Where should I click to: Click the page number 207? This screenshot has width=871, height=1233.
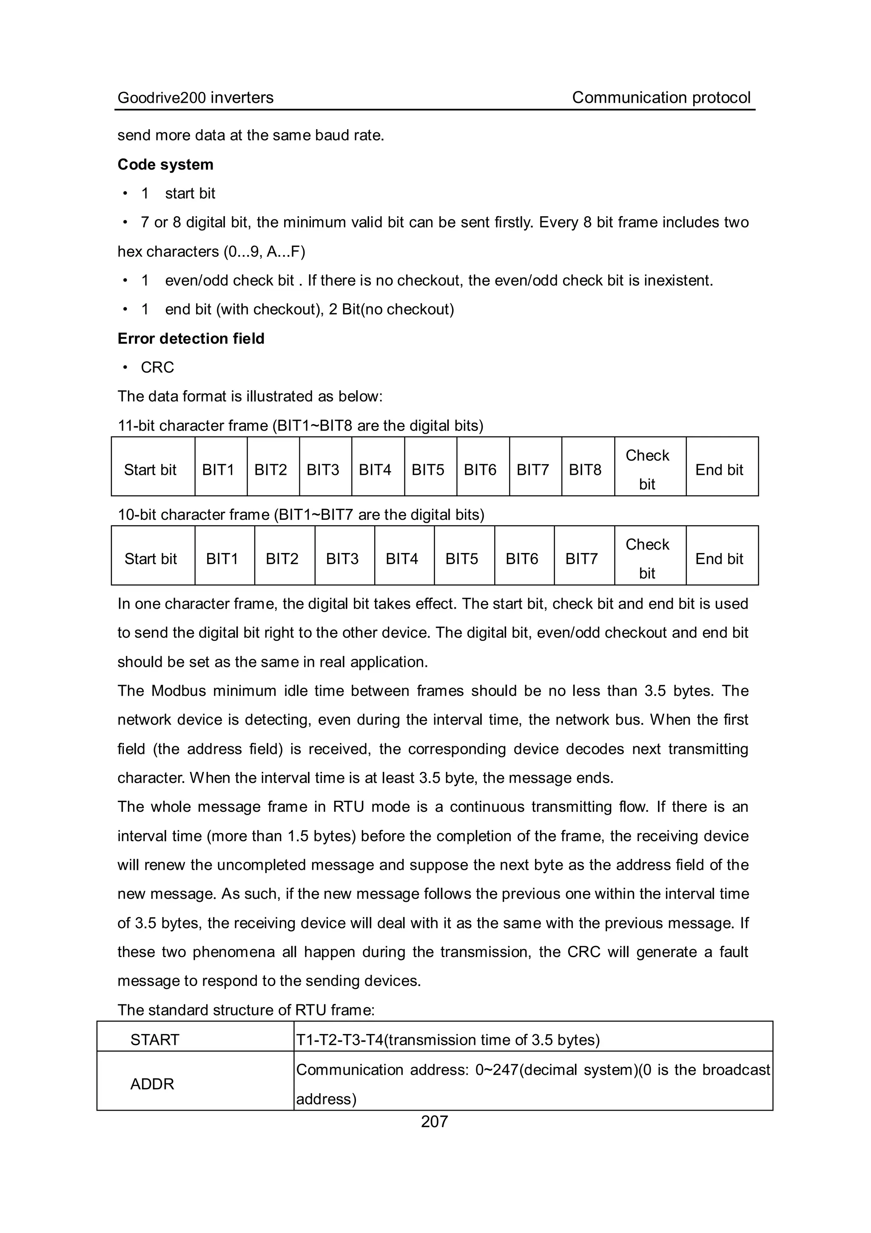(434, 1121)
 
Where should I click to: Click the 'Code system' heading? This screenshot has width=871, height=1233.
(165, 164)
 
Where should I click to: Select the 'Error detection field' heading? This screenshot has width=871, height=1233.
(191, 338)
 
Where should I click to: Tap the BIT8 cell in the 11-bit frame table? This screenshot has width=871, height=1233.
(585, 470)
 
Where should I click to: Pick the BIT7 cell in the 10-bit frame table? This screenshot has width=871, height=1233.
(581, 559)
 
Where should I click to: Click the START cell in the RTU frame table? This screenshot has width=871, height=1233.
(155, 1040)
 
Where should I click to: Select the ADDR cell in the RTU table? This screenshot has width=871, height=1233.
(152, 1084)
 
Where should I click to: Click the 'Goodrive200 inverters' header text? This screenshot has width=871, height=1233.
(195, 98)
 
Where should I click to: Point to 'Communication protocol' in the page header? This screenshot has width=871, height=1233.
(661, 98)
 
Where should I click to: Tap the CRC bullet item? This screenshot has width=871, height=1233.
(157, 367)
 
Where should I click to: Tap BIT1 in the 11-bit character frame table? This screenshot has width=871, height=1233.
(218, 470)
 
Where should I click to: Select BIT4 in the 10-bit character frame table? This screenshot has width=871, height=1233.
(401, 559)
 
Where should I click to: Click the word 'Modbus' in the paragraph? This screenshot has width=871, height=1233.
(178, 691)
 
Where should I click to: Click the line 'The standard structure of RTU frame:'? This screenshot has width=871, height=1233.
(245, 1010)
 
